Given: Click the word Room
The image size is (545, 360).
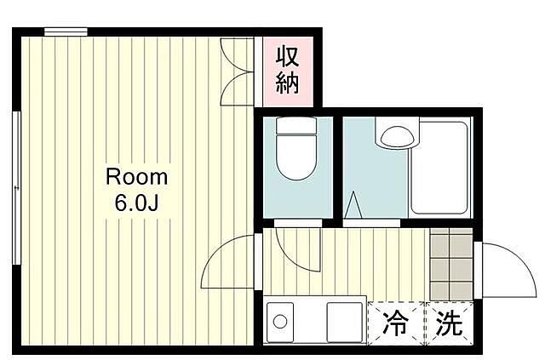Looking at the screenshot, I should (137, 177).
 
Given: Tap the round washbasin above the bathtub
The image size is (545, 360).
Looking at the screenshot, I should (395, 135).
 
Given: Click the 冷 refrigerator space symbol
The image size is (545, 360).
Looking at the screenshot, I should (394, 323).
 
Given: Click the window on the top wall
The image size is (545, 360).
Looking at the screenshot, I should (66, 32).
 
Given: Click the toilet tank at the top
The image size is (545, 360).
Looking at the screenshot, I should (295, 129).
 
